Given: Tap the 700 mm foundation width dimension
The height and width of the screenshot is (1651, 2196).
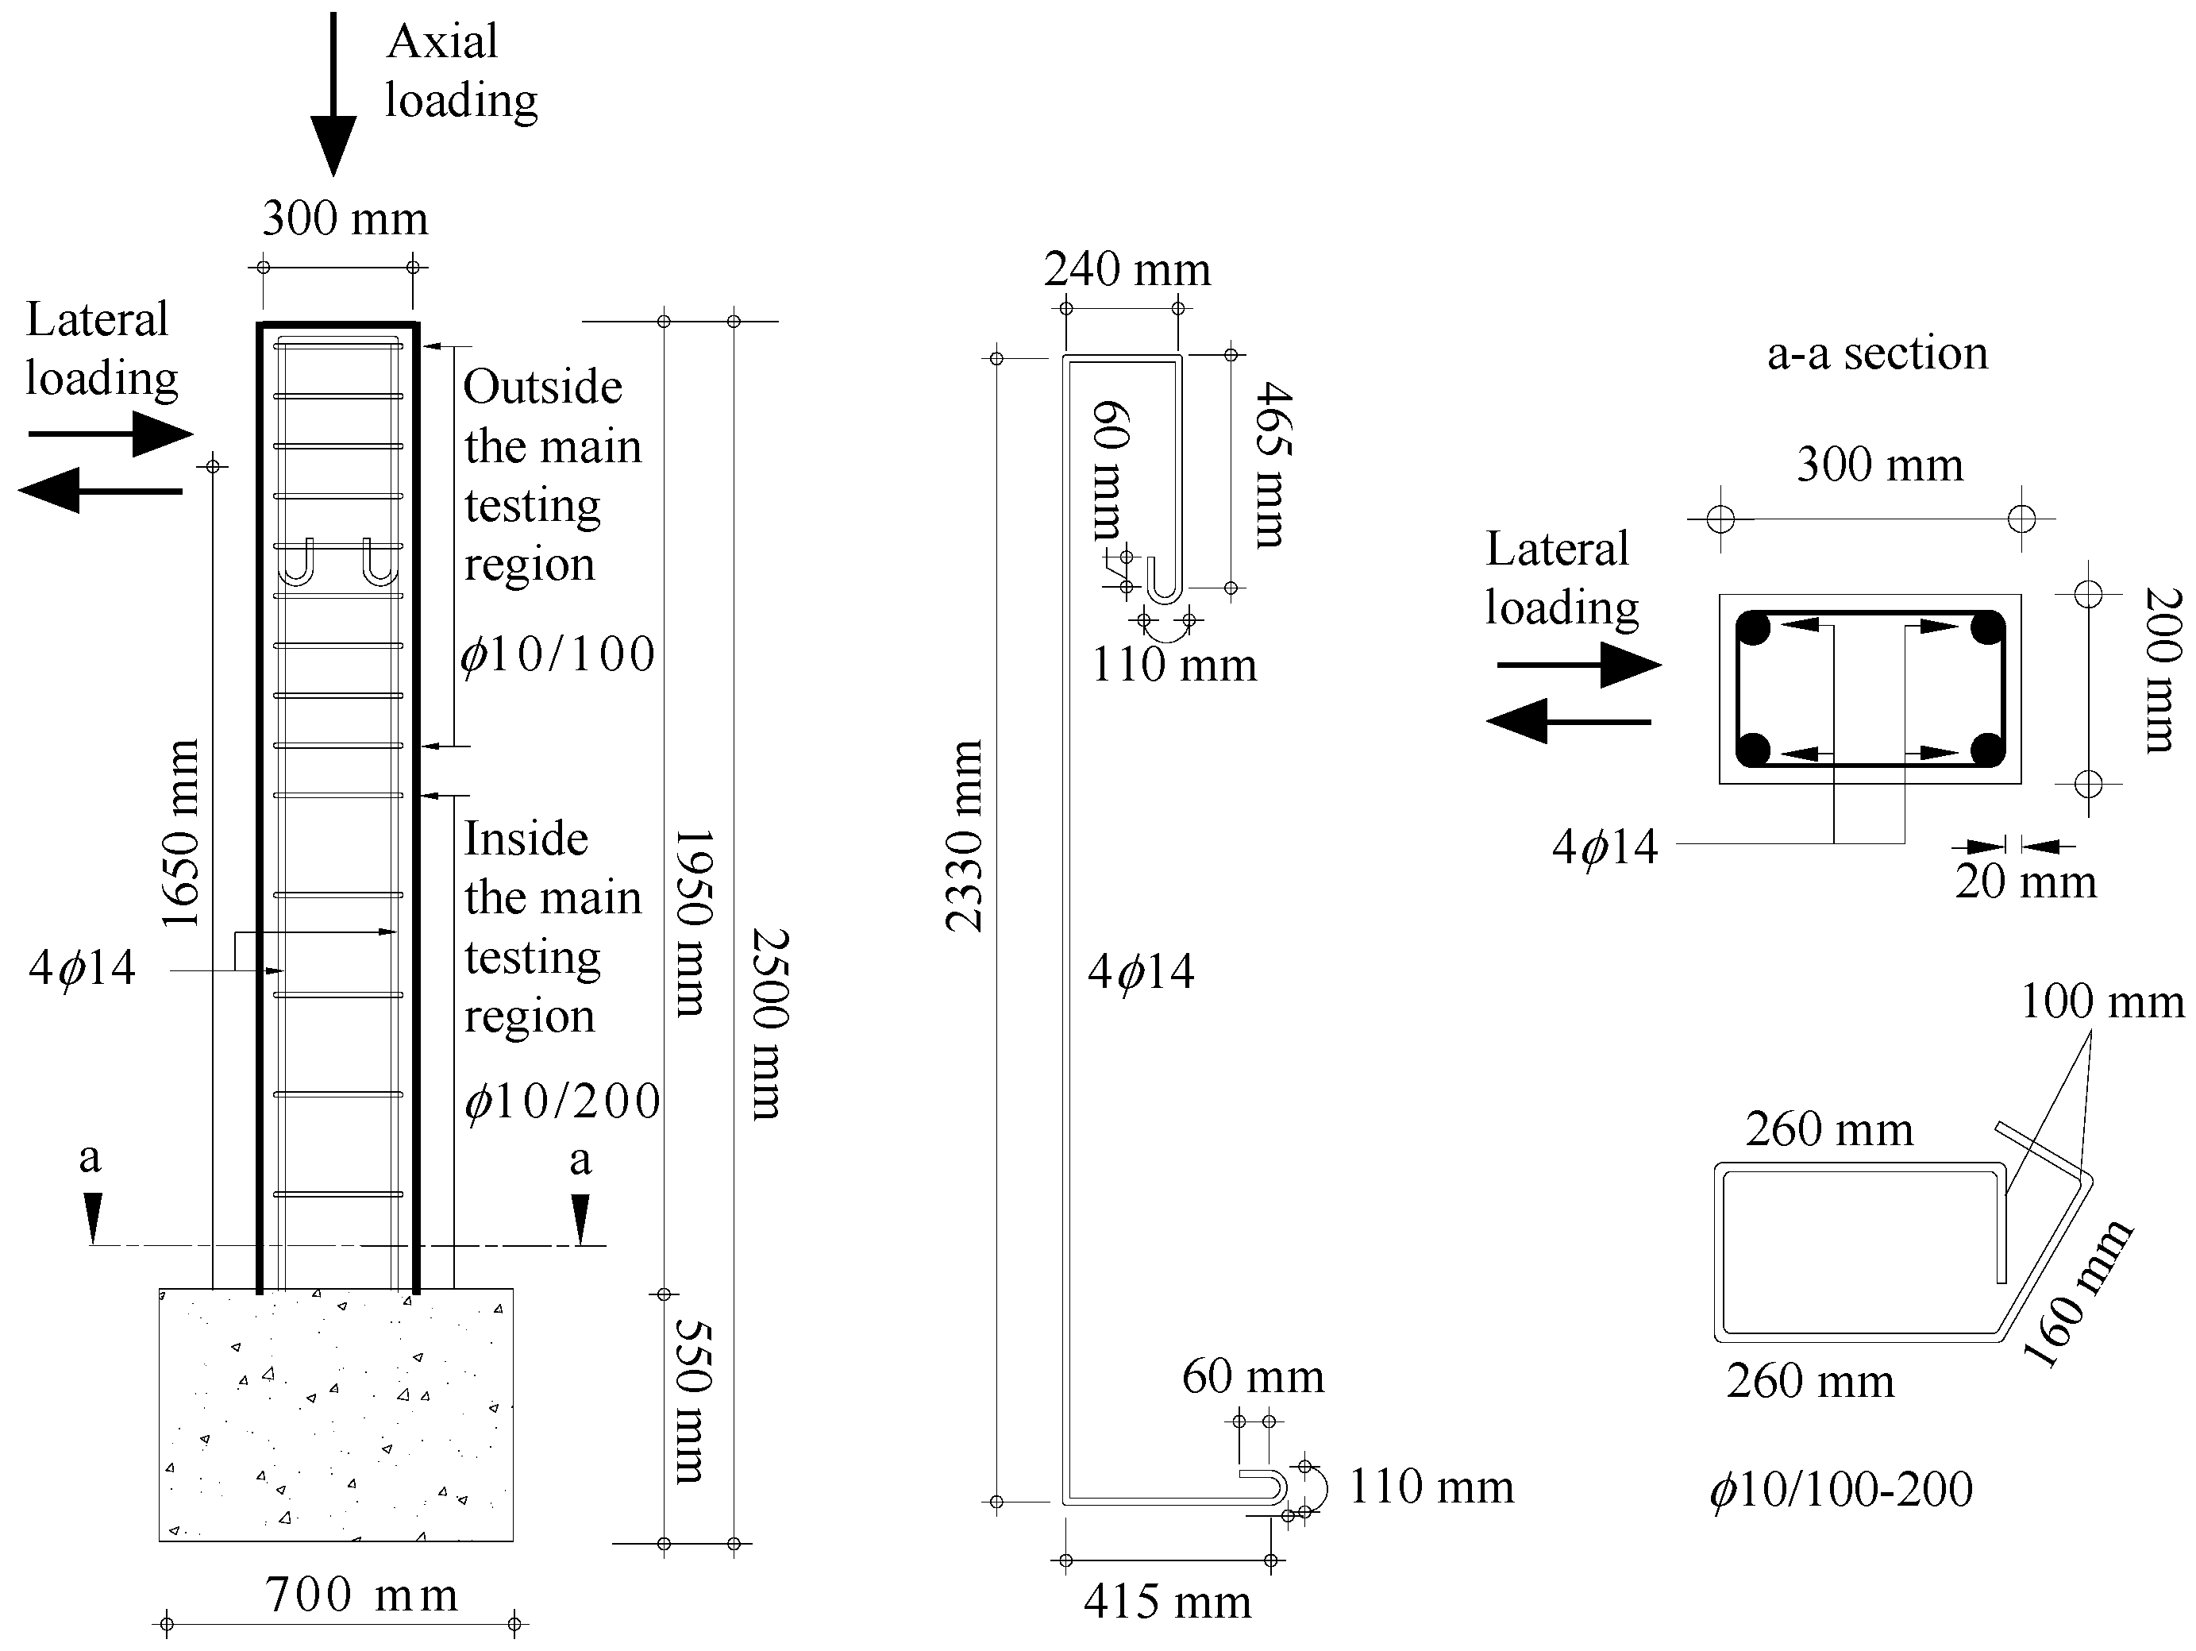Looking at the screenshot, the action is point(361,1595).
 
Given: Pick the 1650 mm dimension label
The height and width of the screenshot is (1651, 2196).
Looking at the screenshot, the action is point(182,834).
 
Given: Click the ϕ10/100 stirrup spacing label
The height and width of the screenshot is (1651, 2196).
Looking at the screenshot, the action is point(558,654).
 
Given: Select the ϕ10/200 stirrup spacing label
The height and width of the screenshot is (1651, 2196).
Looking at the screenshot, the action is point(562,1101).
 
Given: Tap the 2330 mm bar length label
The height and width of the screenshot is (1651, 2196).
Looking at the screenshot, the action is point(964,836).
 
